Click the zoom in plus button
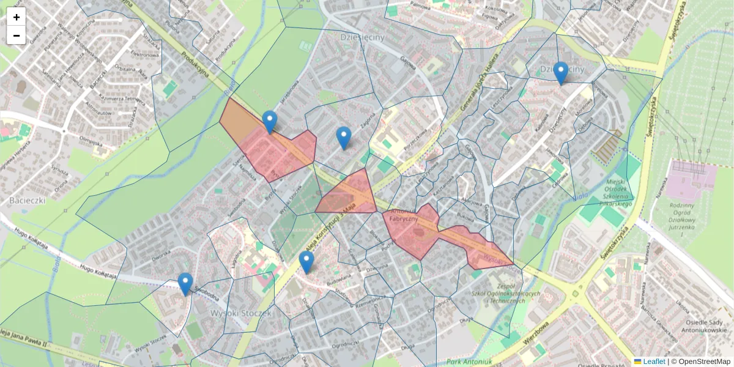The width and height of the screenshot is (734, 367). coord(17,17)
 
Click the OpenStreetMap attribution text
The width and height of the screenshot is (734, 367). coord(704,361)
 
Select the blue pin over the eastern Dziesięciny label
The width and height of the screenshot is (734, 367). coord(560,73)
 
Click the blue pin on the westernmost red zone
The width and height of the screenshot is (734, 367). coord(269,122)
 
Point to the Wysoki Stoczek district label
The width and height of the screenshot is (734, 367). coord(240,313)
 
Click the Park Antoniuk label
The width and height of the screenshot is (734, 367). coord(469,362)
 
